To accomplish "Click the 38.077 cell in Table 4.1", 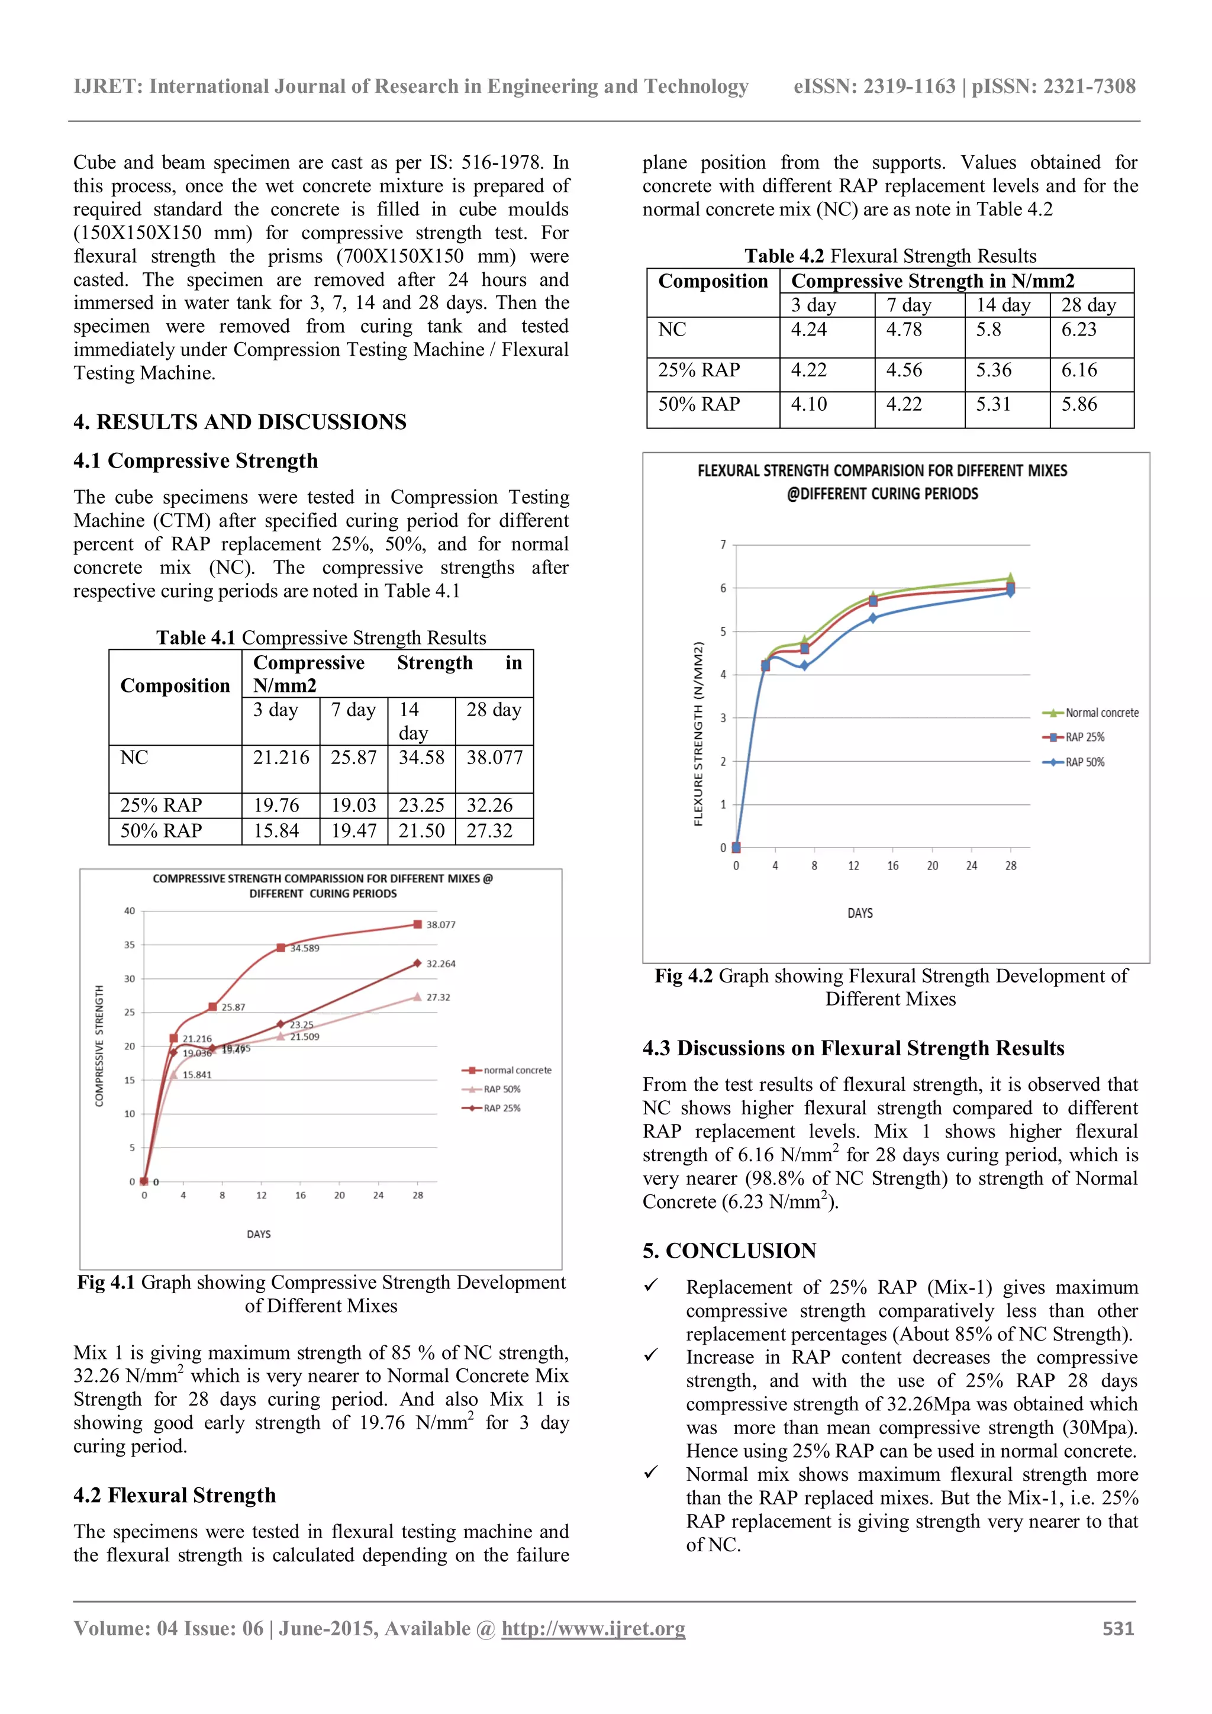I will [x=494, y=758].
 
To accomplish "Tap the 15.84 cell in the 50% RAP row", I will [x=276, y=831].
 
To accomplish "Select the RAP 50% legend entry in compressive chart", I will [x=501, y=1089].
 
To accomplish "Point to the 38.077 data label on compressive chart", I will [x=440, y=924].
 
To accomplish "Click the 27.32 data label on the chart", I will [x=438, y=997].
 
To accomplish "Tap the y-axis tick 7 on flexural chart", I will [x=723, y=545].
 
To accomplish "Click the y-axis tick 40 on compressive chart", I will [x=130, y=911].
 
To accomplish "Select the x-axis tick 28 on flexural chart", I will [x=1011, y=866].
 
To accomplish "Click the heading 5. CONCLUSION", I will [x=729, y=1251].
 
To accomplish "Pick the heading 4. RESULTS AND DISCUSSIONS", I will [x=240, y=422].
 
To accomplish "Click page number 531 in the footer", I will [x=1118, y=1628].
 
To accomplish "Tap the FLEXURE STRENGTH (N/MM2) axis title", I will [x=698, y=734].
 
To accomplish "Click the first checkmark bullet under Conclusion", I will [x=651, y=1285].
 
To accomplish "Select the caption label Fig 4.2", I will [x=684, y=976].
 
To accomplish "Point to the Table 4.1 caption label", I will [x=195, y=637].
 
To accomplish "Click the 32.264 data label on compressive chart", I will [x=440, y=964].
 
